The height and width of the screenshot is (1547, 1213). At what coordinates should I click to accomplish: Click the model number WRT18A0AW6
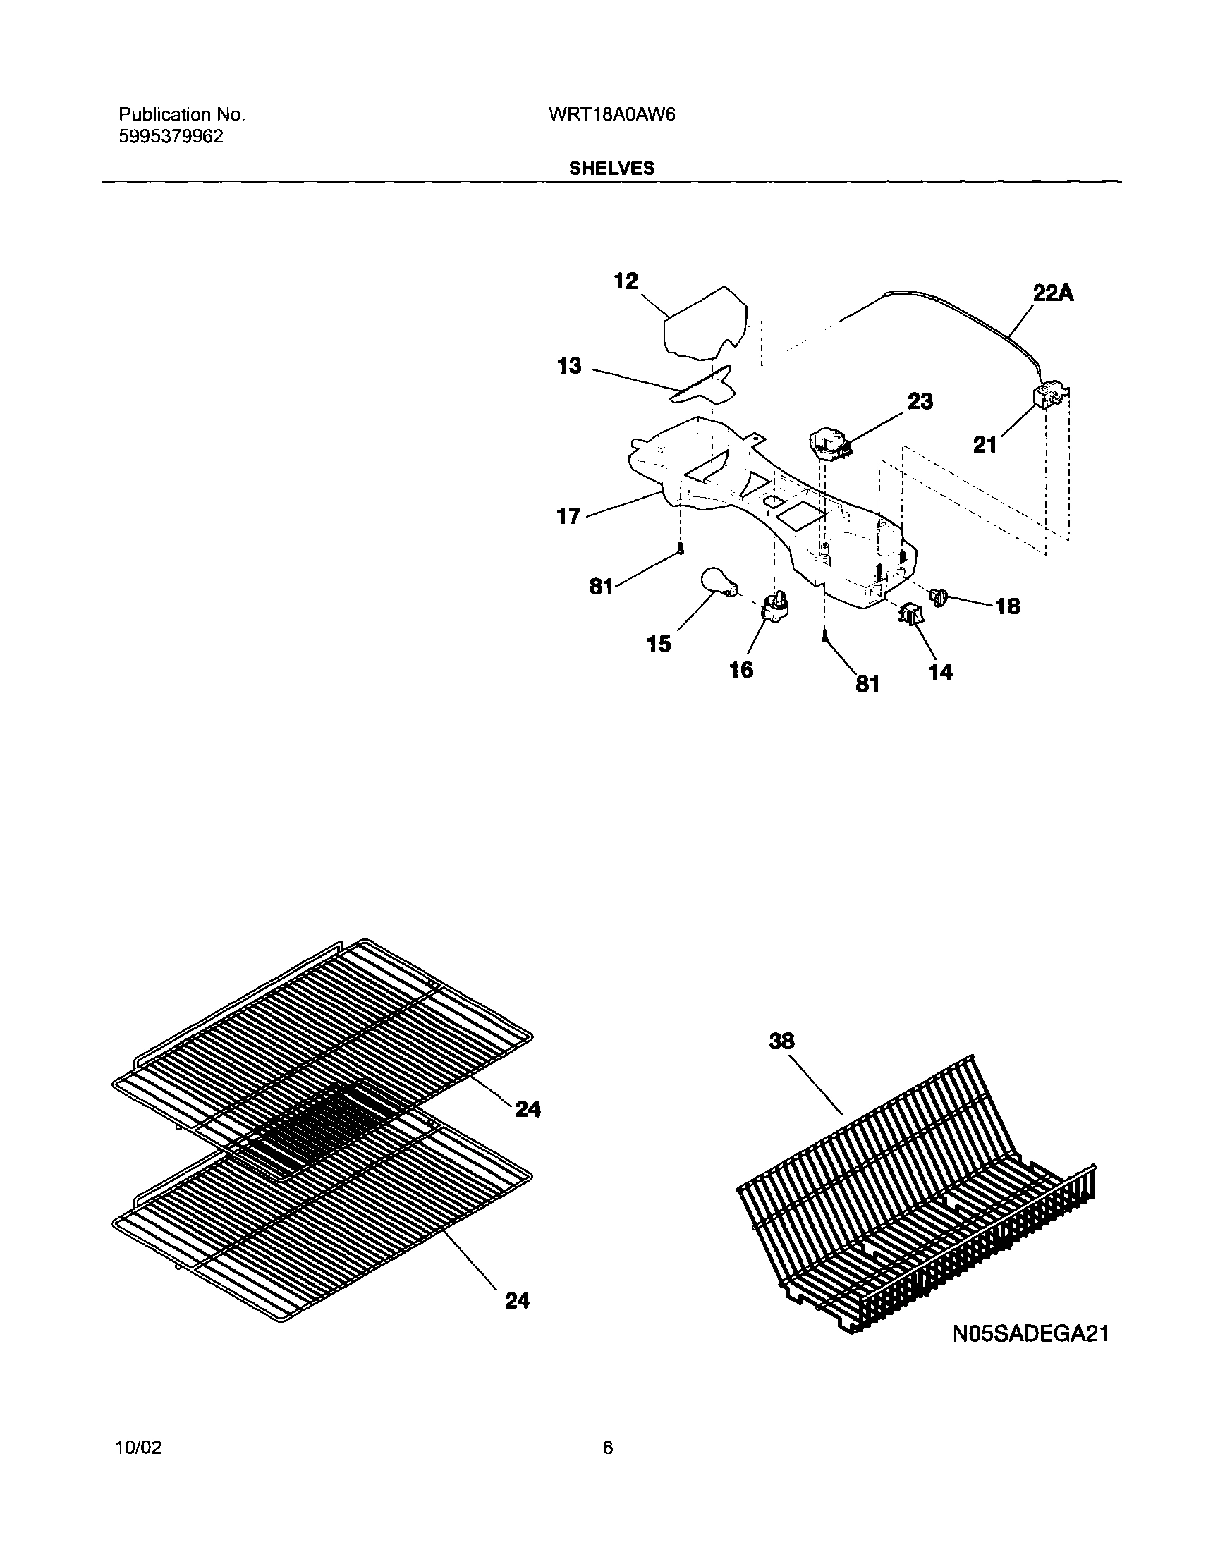tap(611, 115)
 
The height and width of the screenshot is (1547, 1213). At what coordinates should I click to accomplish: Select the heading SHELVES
tap(611, 169)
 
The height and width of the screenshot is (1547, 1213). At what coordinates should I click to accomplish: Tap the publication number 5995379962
tap(171, 137)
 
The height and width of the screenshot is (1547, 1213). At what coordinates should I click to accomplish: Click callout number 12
tap(626, 281)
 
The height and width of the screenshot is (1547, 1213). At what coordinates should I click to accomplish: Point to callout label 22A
tap(1052, 293)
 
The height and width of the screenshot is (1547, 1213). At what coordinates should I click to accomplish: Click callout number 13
tap(569, 367)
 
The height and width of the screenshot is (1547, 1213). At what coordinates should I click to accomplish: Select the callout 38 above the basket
tap(782, 1041)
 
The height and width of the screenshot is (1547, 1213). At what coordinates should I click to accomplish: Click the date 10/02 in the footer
tap(138, 1447)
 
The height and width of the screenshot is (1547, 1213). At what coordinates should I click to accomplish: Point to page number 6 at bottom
tap(607, 1447)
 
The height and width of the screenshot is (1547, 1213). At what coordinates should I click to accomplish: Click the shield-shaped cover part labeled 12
tap(703, 323)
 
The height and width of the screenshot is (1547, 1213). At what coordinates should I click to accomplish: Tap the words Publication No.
tap(181, 114)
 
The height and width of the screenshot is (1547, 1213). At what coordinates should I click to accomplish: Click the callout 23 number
tap(920, 401)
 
